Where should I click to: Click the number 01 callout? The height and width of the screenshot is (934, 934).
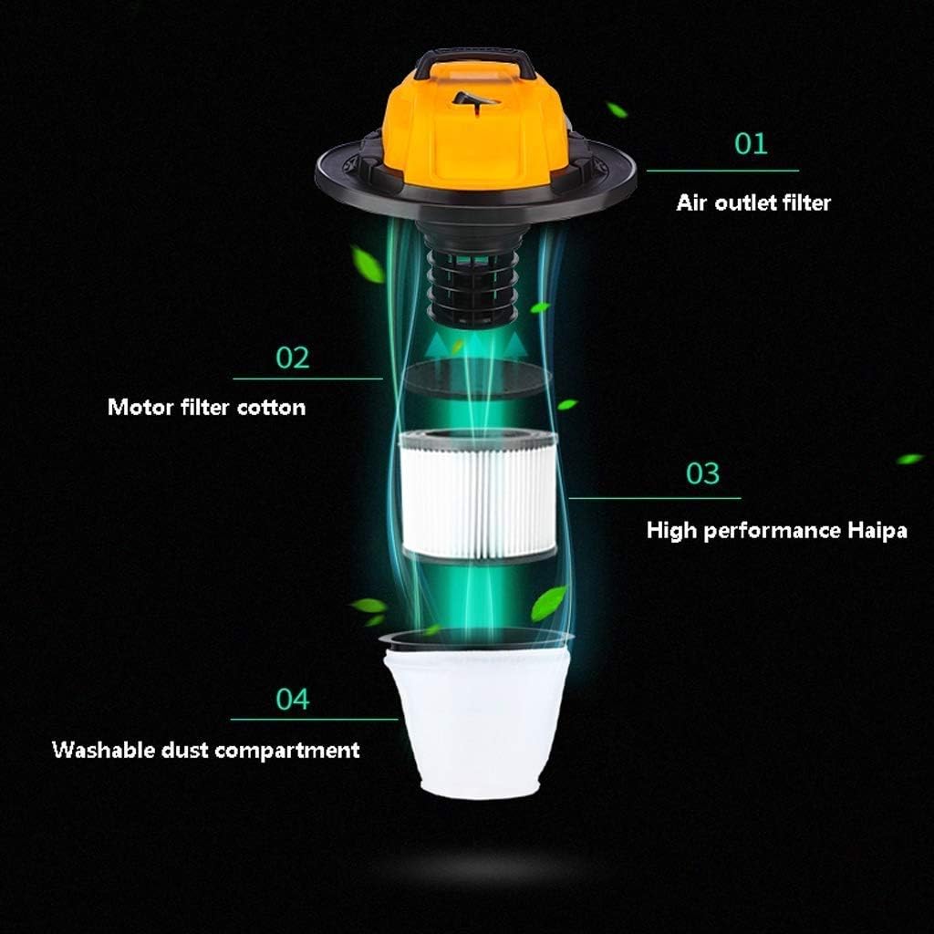click(751, 143)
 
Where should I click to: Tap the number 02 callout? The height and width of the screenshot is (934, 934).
click(293, 358)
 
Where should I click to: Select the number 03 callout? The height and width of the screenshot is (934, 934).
click(703, 473)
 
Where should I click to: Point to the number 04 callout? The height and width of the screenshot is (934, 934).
click(293, 699)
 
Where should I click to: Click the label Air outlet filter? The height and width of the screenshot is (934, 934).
click(753, 202)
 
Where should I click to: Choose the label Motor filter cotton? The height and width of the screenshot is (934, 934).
click(207, 408)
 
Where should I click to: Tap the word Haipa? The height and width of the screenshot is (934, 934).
click(877, 530)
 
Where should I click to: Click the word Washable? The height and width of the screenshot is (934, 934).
click(104, 750)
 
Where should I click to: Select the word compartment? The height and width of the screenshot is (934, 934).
click(287, 751)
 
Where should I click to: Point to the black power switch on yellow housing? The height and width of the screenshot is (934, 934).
click(474, 101)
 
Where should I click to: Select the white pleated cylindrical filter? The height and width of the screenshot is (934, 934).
click(478, 495)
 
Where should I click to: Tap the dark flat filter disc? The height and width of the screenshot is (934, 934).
click(478, 379)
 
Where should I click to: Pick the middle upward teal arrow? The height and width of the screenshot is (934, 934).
click(475, 344)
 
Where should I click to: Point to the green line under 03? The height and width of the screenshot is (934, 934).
click(655, 498)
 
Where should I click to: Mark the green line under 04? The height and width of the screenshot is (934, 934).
click(314, 719)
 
